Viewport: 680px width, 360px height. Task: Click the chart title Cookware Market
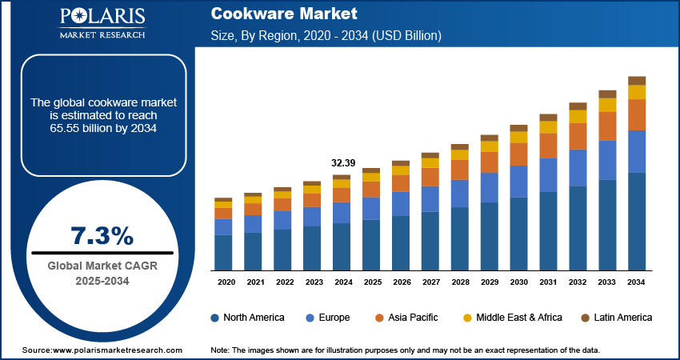(273, 14)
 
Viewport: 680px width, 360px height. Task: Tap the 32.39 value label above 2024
(342, 163)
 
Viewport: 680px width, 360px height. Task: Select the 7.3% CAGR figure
(102, 236)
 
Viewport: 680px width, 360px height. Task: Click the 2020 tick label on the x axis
(226, 282)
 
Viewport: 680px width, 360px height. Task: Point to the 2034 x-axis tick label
(637, 282)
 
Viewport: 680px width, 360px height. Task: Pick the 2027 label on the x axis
(430, 282)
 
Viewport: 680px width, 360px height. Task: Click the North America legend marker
(215, 318)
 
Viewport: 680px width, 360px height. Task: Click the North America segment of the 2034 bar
(637, 221)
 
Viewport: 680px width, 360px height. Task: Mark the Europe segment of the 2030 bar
(519, 182)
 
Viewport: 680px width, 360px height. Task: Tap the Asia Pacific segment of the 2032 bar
(578, 136)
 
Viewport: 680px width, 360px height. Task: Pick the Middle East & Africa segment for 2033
(608, 105)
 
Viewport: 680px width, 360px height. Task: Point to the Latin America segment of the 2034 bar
(637, 80)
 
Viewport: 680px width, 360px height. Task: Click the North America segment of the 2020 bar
(223, 252)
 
